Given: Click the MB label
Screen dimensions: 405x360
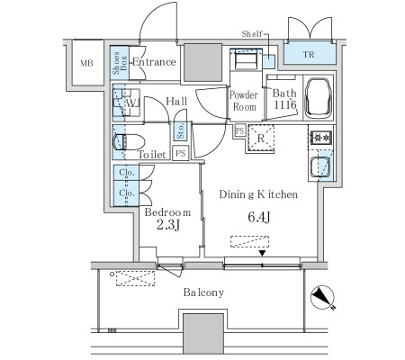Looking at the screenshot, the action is (86, 63).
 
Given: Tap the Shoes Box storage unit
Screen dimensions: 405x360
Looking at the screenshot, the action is (120, 63).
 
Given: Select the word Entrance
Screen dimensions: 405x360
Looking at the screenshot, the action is (154, 62).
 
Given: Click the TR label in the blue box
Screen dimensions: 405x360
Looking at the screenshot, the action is (309, 55).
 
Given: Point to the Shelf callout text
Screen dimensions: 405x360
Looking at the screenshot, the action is (252, 34).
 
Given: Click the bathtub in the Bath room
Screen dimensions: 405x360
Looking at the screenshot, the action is (319, 97).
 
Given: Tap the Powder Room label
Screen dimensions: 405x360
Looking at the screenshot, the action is (244, 101).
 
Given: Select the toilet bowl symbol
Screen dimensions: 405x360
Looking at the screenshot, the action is (129, 142).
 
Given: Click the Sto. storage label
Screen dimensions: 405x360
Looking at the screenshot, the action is (180, 131).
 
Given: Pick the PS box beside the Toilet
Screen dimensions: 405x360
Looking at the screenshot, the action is (181, 153).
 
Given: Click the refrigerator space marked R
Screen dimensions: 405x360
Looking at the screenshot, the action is (261, 138).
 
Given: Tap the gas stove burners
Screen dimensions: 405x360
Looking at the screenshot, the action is (321, 138).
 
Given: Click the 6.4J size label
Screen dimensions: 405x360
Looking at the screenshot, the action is (259, 217).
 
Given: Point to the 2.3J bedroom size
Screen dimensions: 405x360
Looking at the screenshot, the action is (168, 224).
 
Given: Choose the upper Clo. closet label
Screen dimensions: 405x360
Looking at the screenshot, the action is (127, 173).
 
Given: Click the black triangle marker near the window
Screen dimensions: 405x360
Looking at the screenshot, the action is (263, 253).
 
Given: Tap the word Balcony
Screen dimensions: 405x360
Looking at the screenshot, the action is (203, 292).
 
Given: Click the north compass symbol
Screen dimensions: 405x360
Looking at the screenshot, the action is (322, 297).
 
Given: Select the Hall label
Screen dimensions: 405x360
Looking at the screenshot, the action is (176, 102).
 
